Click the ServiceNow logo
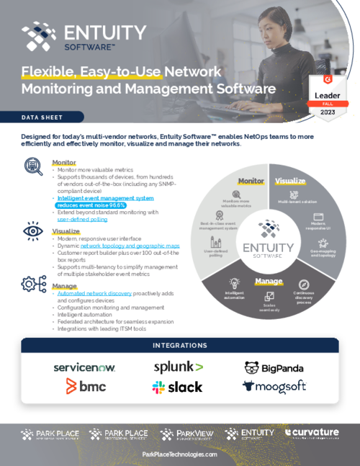84,367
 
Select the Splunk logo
179,367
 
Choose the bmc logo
86,387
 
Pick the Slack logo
177,387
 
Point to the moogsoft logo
274,387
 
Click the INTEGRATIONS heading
180,346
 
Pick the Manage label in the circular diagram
269,281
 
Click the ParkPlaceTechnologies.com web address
180,454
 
